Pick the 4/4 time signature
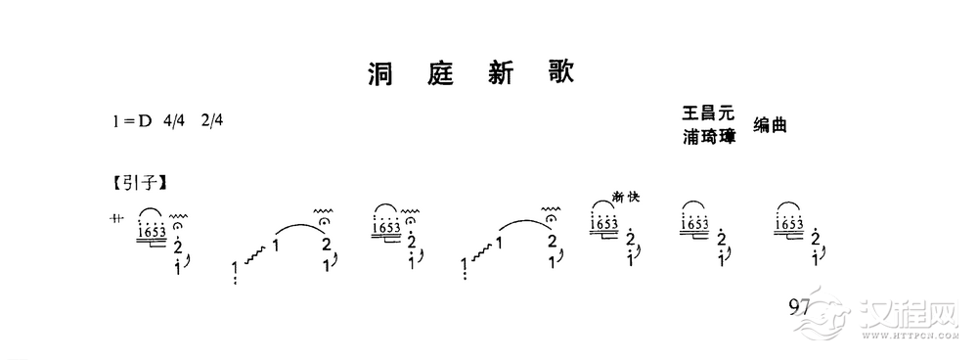point(175,122)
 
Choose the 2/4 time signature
point(211,122)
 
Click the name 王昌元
point(709,115)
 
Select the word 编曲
point(770,125)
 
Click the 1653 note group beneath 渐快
point(604,225)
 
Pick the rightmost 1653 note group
point(790,225)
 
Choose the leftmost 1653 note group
point(151,231)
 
